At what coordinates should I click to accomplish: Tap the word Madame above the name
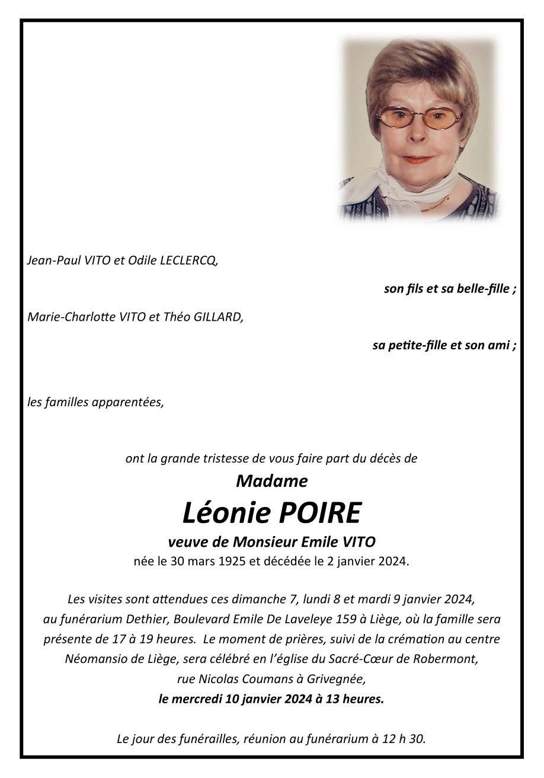click(272, 481)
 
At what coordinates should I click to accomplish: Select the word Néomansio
click(92, 659)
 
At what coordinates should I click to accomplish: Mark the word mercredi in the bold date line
click(197, 699)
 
